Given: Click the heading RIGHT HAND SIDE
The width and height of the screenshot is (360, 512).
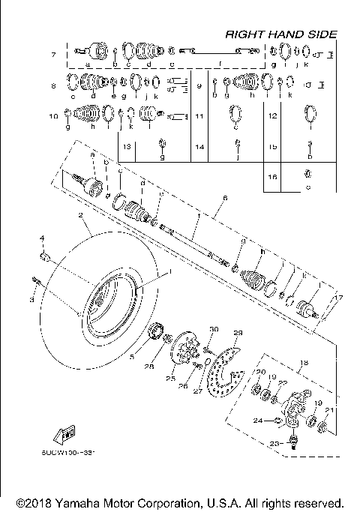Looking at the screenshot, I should pos(280,34).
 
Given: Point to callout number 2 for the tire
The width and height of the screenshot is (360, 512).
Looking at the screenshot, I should pos(79,214).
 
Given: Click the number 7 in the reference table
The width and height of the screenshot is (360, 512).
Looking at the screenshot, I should pos(53,55).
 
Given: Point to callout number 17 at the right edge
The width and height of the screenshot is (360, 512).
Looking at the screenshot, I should pos(338,298).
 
